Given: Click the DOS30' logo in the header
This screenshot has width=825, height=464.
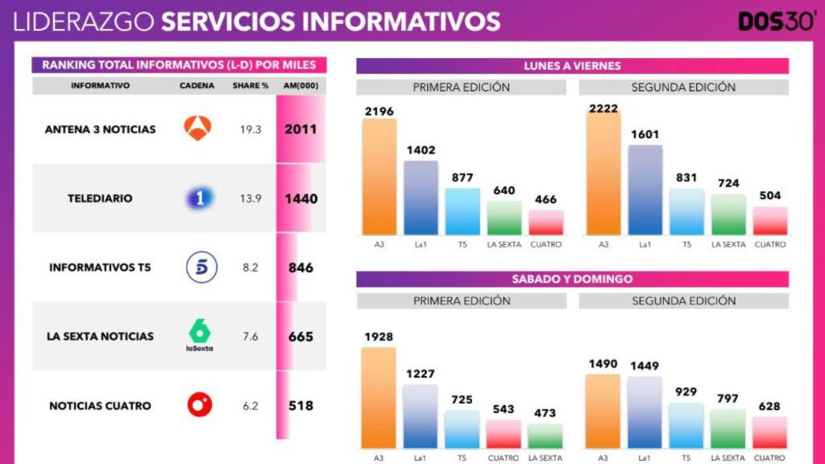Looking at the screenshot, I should click(x=777, y=20).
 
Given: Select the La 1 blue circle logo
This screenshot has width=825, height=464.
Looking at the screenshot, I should click(x=198, y=198).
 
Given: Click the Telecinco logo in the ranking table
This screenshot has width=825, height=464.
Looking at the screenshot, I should click(x=201, y=267).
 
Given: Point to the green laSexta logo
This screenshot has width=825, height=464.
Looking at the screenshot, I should click(x=198, y=335).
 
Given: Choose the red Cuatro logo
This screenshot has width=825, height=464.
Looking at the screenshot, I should click(x=200, y=405).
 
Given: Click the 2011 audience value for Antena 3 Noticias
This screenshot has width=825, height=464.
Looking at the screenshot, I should click(x=301, y=129).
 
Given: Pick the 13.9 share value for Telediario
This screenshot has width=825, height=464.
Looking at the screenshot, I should click(x=251, y=198).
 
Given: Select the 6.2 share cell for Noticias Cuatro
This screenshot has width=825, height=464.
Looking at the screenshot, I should click(x=251, y=406).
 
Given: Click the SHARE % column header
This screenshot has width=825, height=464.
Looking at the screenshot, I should click(x=251, y=85).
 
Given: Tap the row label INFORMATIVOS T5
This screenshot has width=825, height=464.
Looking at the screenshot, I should click(x=101, y=267).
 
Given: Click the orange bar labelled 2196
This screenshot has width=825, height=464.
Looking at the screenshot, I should click(x=379, y=177).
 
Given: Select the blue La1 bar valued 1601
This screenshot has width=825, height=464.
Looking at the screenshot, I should click(x=645, y=190).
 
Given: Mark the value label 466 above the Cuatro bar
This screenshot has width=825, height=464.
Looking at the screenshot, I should click(x=545, y=200).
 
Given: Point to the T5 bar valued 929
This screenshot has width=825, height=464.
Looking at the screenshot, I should click(x=686, y=425).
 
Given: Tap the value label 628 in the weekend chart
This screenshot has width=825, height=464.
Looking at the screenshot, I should click(x=769, y=406).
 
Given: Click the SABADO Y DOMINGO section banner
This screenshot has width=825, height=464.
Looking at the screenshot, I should click(x=572, y=280).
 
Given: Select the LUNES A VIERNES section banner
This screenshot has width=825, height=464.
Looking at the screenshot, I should click(x=572, y=66).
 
